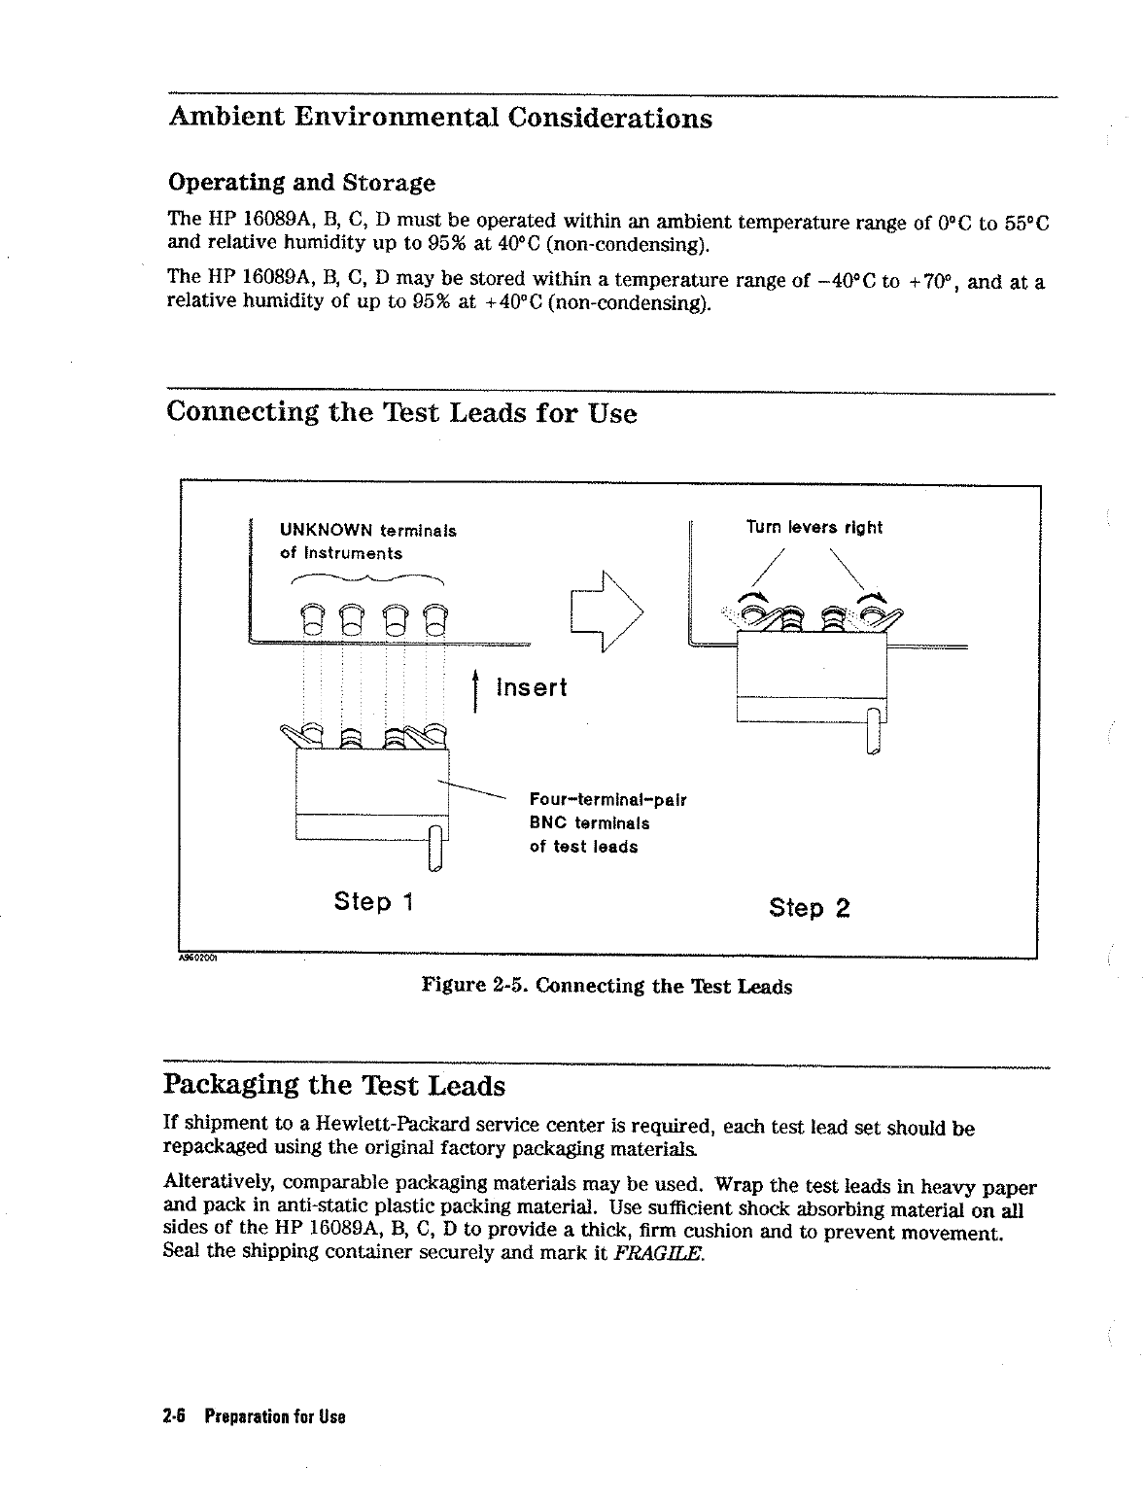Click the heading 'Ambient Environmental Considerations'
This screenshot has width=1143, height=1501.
click(439, 119)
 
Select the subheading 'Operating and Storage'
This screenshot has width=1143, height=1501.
click(301, 183)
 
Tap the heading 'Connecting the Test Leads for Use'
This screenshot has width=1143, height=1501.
click(401, 413)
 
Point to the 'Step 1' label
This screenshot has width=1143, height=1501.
click(374, 902)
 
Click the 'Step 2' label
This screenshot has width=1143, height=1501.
click(809, 908)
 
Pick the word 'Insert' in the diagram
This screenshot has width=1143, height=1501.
click(531, 688)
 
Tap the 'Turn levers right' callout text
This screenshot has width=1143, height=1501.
click(814, 528)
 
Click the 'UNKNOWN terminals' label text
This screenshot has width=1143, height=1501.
click(367, 531)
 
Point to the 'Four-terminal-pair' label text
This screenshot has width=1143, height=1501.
click(607, 800)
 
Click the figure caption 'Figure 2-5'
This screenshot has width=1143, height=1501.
click(606, 987)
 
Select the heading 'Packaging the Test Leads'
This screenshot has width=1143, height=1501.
click(335, 1085)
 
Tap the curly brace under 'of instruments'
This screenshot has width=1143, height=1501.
click(367, 578)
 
